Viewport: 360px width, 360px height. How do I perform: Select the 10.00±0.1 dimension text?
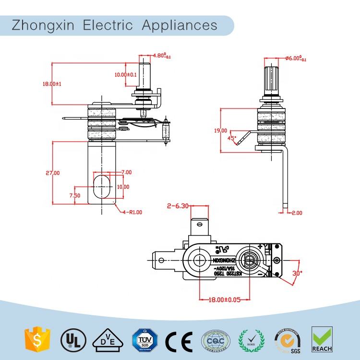126,74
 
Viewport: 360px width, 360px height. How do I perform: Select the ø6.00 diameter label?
295,58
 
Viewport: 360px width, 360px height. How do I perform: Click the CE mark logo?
179,340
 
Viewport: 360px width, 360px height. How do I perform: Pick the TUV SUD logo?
143,339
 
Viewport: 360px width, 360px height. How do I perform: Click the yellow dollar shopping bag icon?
34,339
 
